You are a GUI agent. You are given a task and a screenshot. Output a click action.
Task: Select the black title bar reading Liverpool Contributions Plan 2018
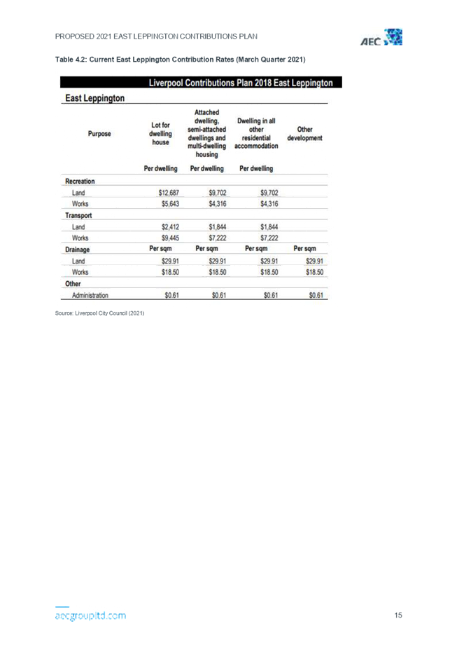tap(201, 83)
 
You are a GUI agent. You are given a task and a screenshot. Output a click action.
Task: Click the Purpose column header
tap(100, 133)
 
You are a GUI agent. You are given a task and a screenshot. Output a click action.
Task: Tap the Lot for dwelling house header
tap(161, 133)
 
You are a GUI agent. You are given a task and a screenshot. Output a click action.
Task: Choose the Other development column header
tap(304, 134)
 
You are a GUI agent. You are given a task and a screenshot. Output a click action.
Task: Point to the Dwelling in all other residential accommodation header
tap(256, 133)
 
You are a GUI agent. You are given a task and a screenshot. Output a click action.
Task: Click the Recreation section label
tap(80, 182)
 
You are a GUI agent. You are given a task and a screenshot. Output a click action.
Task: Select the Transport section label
tap(78, 216)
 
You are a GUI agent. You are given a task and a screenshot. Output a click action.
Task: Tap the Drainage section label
tap(77, 250)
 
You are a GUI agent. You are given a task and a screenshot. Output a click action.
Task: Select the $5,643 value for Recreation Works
tap(171, 204)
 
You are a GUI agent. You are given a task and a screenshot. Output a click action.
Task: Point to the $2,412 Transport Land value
tap(171, 227)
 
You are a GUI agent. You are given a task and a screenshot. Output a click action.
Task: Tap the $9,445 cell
tap(171, 238)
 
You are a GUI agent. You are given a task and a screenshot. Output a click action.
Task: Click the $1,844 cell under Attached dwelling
tap(218, 227)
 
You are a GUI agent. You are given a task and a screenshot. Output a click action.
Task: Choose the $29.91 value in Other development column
tap(314, 261)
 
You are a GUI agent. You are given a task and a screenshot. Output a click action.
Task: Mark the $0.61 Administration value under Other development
tap(316, 296)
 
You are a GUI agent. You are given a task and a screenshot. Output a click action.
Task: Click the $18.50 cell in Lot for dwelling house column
tap(171, 272)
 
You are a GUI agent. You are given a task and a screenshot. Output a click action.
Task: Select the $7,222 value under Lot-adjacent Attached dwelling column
tap(218, 238)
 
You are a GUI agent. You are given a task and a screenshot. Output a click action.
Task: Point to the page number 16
tap(398, 615)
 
